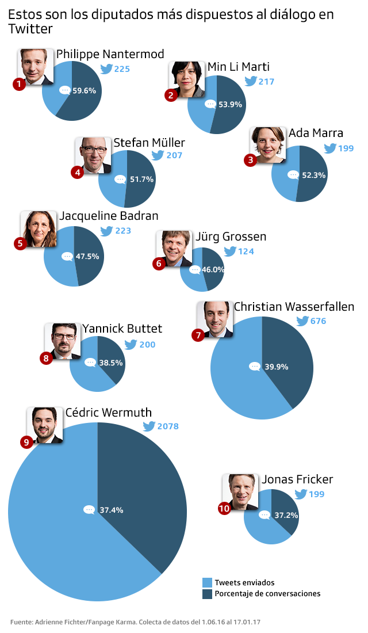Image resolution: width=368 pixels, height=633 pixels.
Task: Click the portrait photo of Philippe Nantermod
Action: click(37, 66)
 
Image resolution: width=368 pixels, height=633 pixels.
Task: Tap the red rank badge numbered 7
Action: click(198, 335)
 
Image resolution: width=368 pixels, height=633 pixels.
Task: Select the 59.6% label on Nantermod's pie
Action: click(84, 90)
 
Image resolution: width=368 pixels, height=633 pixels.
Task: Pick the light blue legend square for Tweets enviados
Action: click(208, 582)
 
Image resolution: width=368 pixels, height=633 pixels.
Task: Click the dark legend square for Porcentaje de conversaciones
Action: click(208, 593)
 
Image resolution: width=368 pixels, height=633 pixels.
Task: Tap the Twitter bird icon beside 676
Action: click(302, 321)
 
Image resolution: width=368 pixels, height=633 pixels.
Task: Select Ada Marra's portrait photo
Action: click(268, 144)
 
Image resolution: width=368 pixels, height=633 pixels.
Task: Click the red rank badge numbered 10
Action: click(224, 508)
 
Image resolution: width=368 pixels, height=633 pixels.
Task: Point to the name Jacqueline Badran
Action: click(109, 216)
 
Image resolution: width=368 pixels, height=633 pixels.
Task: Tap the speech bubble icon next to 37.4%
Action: click(89, 510)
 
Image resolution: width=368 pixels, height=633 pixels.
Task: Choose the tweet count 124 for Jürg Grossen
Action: click(246, 251)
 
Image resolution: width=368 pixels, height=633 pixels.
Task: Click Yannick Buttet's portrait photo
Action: click(63, 341)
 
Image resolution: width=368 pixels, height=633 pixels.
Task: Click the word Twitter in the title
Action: click(30, 29)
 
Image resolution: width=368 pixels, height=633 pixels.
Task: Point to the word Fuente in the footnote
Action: click(22, 622)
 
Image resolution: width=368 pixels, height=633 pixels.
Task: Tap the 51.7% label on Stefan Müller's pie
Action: click(141, 180)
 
